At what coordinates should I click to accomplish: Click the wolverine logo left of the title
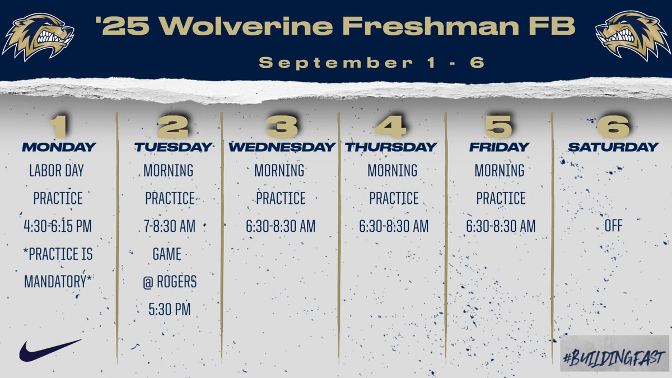click(38, 36)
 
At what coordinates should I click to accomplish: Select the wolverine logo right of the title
click(633, 36)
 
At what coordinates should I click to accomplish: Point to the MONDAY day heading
click(59, 147)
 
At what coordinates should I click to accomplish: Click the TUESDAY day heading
click(173, 147)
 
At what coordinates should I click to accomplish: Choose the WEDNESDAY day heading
click(281, 147)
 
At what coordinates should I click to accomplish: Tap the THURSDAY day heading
click(390, 147)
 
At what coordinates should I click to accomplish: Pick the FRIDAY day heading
click(499, 147)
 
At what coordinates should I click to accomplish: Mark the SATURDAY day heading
click(613, 147)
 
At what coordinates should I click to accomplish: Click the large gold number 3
click(281, 126)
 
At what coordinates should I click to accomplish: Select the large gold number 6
click(613, 126)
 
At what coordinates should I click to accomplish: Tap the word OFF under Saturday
click(613, 226)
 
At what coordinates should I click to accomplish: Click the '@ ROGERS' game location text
click(170, 282)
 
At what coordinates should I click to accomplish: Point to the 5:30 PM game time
click(170, 310)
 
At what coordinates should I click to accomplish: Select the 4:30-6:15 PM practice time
click(58, 226)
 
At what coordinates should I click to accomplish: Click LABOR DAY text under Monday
click(57, 170)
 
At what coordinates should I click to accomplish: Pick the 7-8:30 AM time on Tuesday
click(170, 226)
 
